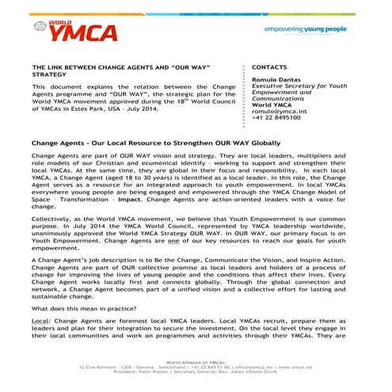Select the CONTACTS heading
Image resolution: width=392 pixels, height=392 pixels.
(269, 68)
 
